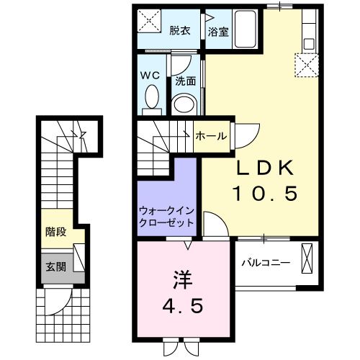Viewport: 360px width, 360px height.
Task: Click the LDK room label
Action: coord(266,168)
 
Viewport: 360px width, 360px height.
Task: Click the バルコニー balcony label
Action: coord(266,261)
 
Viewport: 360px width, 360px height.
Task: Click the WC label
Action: coord(149,75)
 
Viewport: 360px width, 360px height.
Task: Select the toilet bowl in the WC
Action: coord(152,97)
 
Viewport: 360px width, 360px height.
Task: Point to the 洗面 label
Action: coord(186,81)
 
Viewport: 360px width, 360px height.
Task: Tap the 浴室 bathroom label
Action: coord(218,32)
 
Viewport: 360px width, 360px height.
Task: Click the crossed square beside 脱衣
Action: coord(150,22)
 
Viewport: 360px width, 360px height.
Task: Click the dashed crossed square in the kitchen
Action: coord(310,67)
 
